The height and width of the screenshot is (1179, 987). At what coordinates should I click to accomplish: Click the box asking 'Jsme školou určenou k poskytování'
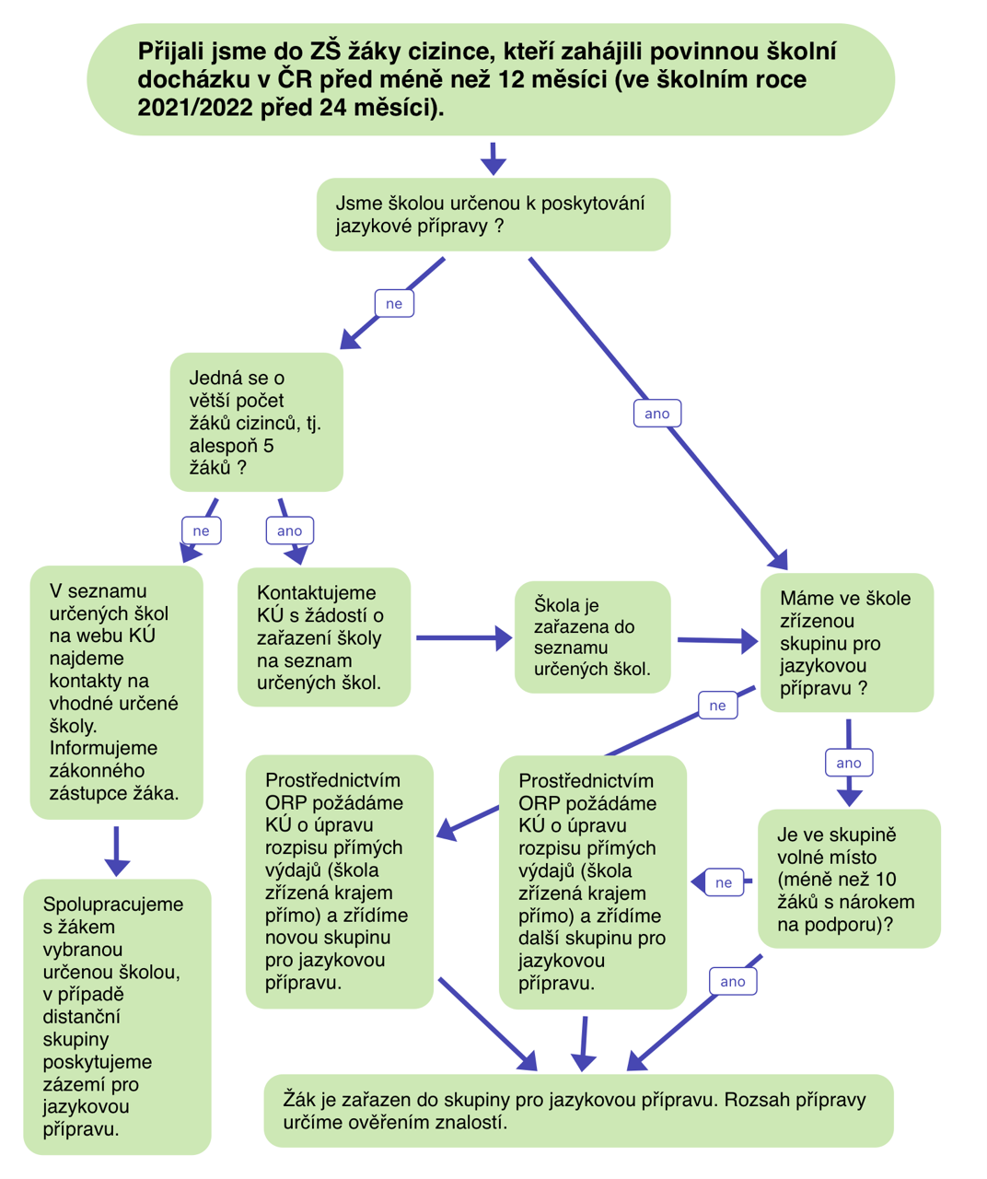(493, 215)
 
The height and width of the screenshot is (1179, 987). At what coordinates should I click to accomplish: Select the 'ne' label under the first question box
(394, 304)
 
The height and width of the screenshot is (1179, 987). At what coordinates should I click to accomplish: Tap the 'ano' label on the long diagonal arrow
(657, 414)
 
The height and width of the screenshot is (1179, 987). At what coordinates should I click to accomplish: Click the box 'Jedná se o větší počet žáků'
(256, 422)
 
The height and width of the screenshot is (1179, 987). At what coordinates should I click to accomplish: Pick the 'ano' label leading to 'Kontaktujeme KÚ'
(289, 531)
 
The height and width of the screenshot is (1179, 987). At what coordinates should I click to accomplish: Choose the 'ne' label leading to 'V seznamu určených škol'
(201, 531)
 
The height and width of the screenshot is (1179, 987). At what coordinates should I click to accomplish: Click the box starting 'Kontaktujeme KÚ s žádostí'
(323, 637)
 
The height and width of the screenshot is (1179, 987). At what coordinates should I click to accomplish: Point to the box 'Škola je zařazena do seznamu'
(592, 636)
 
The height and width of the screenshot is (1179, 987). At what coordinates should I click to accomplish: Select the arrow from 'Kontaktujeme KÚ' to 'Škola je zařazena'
(462, 637)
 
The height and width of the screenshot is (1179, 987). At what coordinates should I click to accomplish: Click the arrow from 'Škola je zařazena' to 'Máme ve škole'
(716, 640)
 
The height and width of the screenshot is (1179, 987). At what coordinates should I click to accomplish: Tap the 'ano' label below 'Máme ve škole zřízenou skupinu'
(848, 763)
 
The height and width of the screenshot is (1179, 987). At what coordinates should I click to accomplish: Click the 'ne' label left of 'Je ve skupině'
(724, 882)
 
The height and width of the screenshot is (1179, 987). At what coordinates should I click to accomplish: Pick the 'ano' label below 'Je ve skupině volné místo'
(733, 981)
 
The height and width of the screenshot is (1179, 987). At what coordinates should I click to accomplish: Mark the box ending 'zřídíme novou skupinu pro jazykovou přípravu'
(339, 881)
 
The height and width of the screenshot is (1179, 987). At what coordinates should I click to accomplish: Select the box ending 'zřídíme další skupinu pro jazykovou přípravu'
(592, 882)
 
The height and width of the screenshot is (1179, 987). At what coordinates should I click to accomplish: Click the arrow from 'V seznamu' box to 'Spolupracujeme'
(117, 850)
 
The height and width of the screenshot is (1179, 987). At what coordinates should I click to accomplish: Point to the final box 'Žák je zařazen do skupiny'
(578, 1111)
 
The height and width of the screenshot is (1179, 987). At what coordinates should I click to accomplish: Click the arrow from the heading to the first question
(493, 158)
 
